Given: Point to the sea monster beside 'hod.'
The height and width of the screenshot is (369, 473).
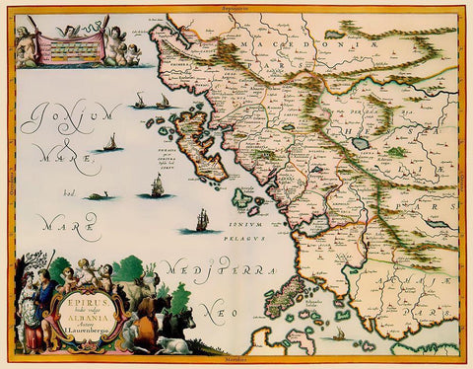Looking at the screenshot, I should [x=96, y=196].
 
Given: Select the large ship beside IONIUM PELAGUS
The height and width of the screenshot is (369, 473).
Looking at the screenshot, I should [x=201, y=219].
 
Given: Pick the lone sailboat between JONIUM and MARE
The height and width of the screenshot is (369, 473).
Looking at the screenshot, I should [x=109, y=143].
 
